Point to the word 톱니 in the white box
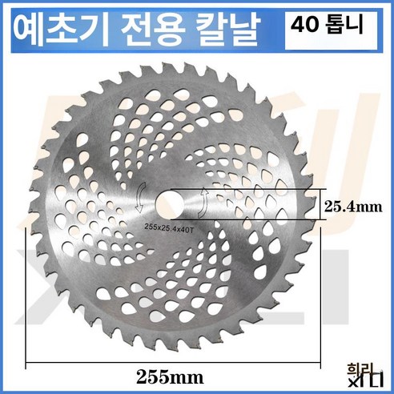(341, 24)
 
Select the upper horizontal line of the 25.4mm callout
(264, 190)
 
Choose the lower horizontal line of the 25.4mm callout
(264, 219)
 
